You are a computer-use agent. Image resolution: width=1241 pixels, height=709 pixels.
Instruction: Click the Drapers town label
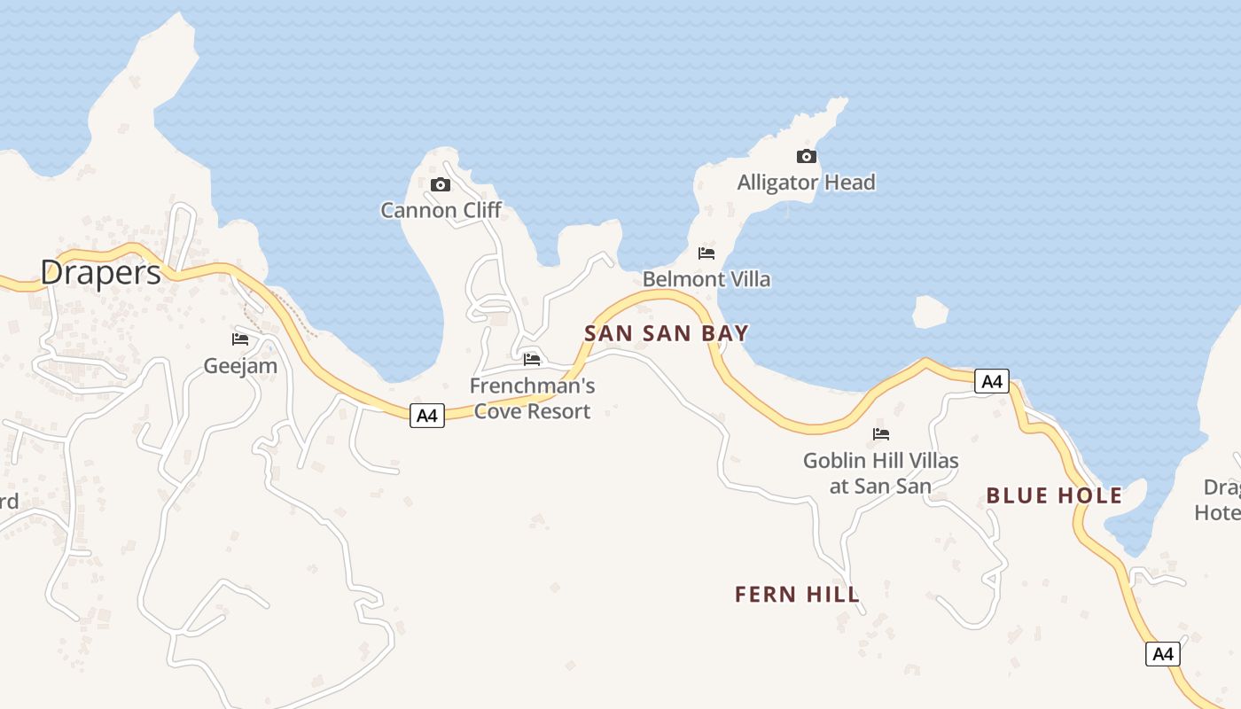click(101, 272)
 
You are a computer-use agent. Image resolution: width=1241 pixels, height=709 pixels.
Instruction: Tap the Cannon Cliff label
click(441, 210)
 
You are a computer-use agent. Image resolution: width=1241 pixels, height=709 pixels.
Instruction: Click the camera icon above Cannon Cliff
click(441, 184)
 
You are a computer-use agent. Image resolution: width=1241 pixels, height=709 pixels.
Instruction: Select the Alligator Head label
click(806, 183)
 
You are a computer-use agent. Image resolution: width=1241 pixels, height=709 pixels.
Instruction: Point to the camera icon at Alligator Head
click(807, 157)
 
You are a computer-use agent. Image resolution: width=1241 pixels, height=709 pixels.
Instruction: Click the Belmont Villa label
click(706, 279)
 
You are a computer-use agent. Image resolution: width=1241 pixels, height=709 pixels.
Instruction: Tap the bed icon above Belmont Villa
click(706, 253)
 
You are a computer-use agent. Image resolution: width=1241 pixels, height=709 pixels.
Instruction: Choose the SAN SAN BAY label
click(667, 333)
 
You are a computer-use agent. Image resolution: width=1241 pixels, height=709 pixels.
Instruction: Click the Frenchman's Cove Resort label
click(532, 399)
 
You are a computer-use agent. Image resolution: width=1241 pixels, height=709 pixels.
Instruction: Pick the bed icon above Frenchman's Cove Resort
click(532, 359)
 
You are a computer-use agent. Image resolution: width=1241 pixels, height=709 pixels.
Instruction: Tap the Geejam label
click(240, 365)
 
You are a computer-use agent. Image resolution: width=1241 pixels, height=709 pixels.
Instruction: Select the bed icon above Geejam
click(240, 339)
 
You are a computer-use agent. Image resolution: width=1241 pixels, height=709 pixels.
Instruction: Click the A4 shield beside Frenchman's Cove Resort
click(427, 415)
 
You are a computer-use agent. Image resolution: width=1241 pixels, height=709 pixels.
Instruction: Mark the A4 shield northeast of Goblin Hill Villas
click(992, 381)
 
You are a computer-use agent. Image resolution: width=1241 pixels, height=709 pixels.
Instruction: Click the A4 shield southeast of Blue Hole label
click(1163, 654)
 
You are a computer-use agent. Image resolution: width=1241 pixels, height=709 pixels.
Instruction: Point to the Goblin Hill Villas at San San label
click(880, 473)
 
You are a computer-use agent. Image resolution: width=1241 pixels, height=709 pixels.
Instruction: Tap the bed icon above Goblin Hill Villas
click(881, 434)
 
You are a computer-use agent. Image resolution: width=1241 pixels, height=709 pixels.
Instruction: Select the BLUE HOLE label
click(1054, 495)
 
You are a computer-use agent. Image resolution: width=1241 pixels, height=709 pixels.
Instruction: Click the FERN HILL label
click(797, 594)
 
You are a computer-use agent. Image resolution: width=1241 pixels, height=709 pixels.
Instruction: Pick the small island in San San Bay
click(930, 312)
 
